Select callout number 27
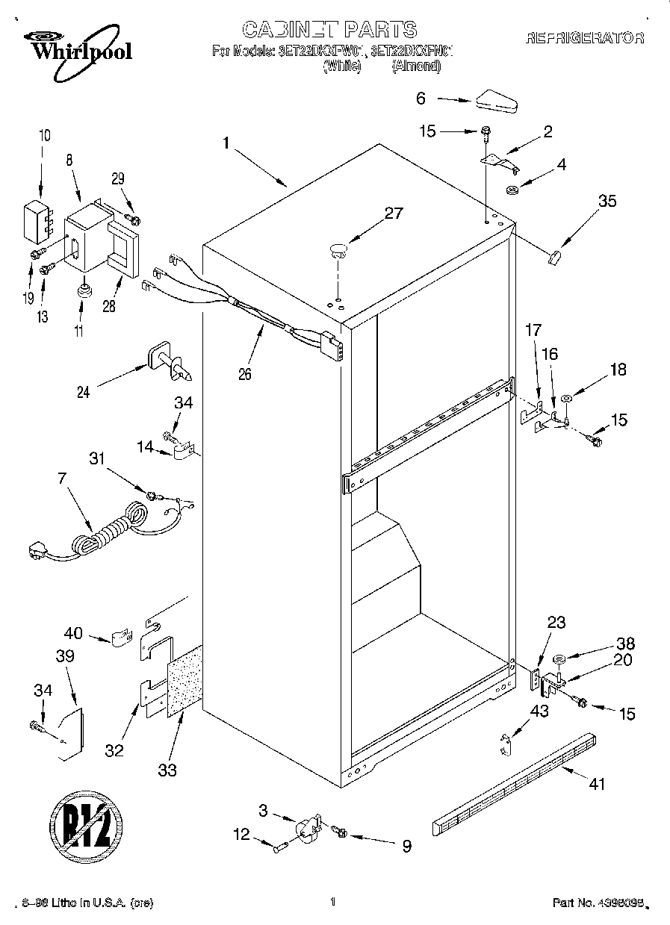click(393, 212)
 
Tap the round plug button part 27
click(338, 249)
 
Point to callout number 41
click(597, 784)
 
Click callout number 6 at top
click(421, 97)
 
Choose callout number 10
click(45, 135)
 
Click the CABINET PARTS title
click(329, 30)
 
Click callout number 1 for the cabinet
click(225, 143)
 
